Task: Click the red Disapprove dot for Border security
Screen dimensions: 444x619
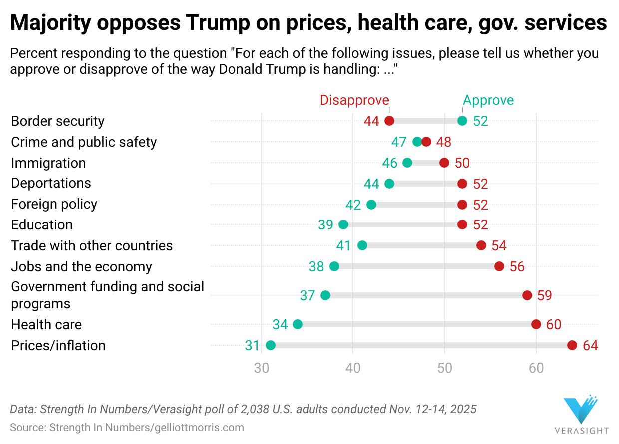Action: tap(389, 121)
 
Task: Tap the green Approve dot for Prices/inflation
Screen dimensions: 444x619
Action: tap(271, 345)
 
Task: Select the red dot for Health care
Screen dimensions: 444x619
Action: tap(536, 324)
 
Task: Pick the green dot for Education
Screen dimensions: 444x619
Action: tap(343, 224)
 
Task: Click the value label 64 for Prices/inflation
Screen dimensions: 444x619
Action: tap(590, 346)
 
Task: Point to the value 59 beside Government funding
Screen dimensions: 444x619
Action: tap(545, 296)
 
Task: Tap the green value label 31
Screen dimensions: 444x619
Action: tap(252, 346)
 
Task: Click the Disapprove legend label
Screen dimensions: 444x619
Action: tap(354, 100)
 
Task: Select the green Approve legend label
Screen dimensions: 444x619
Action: tap(488, 100)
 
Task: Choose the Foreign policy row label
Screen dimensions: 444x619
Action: tap(54, 204)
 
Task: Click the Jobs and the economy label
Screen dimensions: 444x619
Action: tap(81, 266)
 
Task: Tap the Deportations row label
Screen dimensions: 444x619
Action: tap(51, 183)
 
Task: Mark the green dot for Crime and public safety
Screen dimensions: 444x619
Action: tap(417, 142)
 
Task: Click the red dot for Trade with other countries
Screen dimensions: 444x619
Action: tap(481, 245)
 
